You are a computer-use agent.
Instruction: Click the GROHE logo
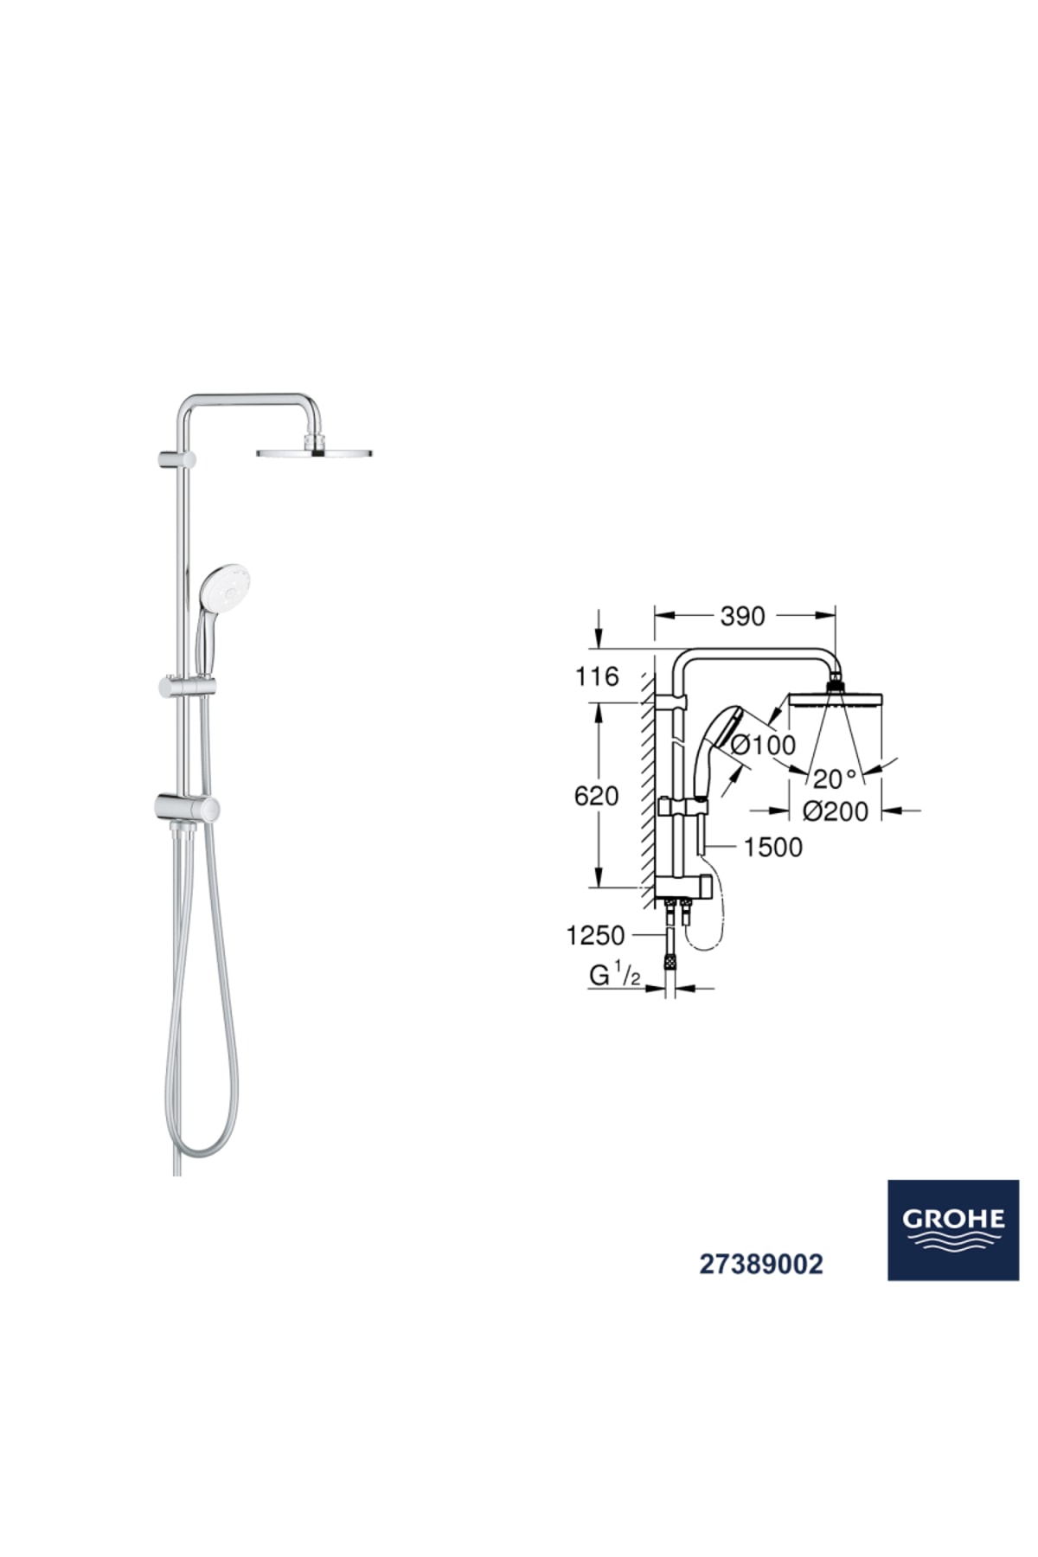953,1229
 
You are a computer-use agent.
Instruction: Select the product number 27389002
761,1265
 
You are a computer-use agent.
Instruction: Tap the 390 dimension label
742,616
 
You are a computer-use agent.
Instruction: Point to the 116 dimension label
597,676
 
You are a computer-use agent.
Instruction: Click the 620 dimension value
596,795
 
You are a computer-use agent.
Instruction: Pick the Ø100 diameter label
763,744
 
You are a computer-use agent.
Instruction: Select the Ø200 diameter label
835,811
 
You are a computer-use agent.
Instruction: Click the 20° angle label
834,779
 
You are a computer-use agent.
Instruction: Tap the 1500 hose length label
772,847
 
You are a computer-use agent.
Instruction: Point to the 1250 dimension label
595,935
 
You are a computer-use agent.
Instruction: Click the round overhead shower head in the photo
316,452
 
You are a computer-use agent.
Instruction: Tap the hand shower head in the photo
224,588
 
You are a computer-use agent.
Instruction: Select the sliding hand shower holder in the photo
187,688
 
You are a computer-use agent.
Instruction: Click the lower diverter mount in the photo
187,808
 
